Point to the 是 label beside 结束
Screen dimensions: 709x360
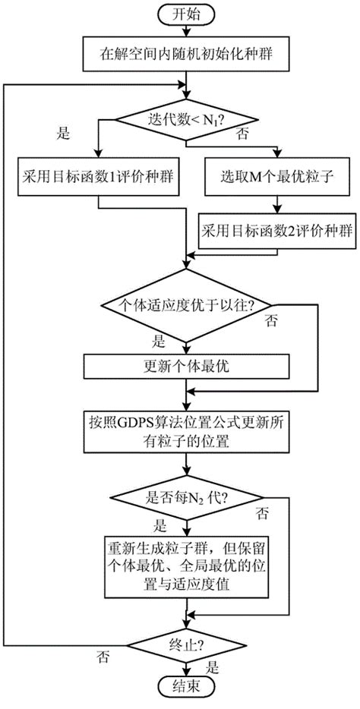click(x=213, y=669)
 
